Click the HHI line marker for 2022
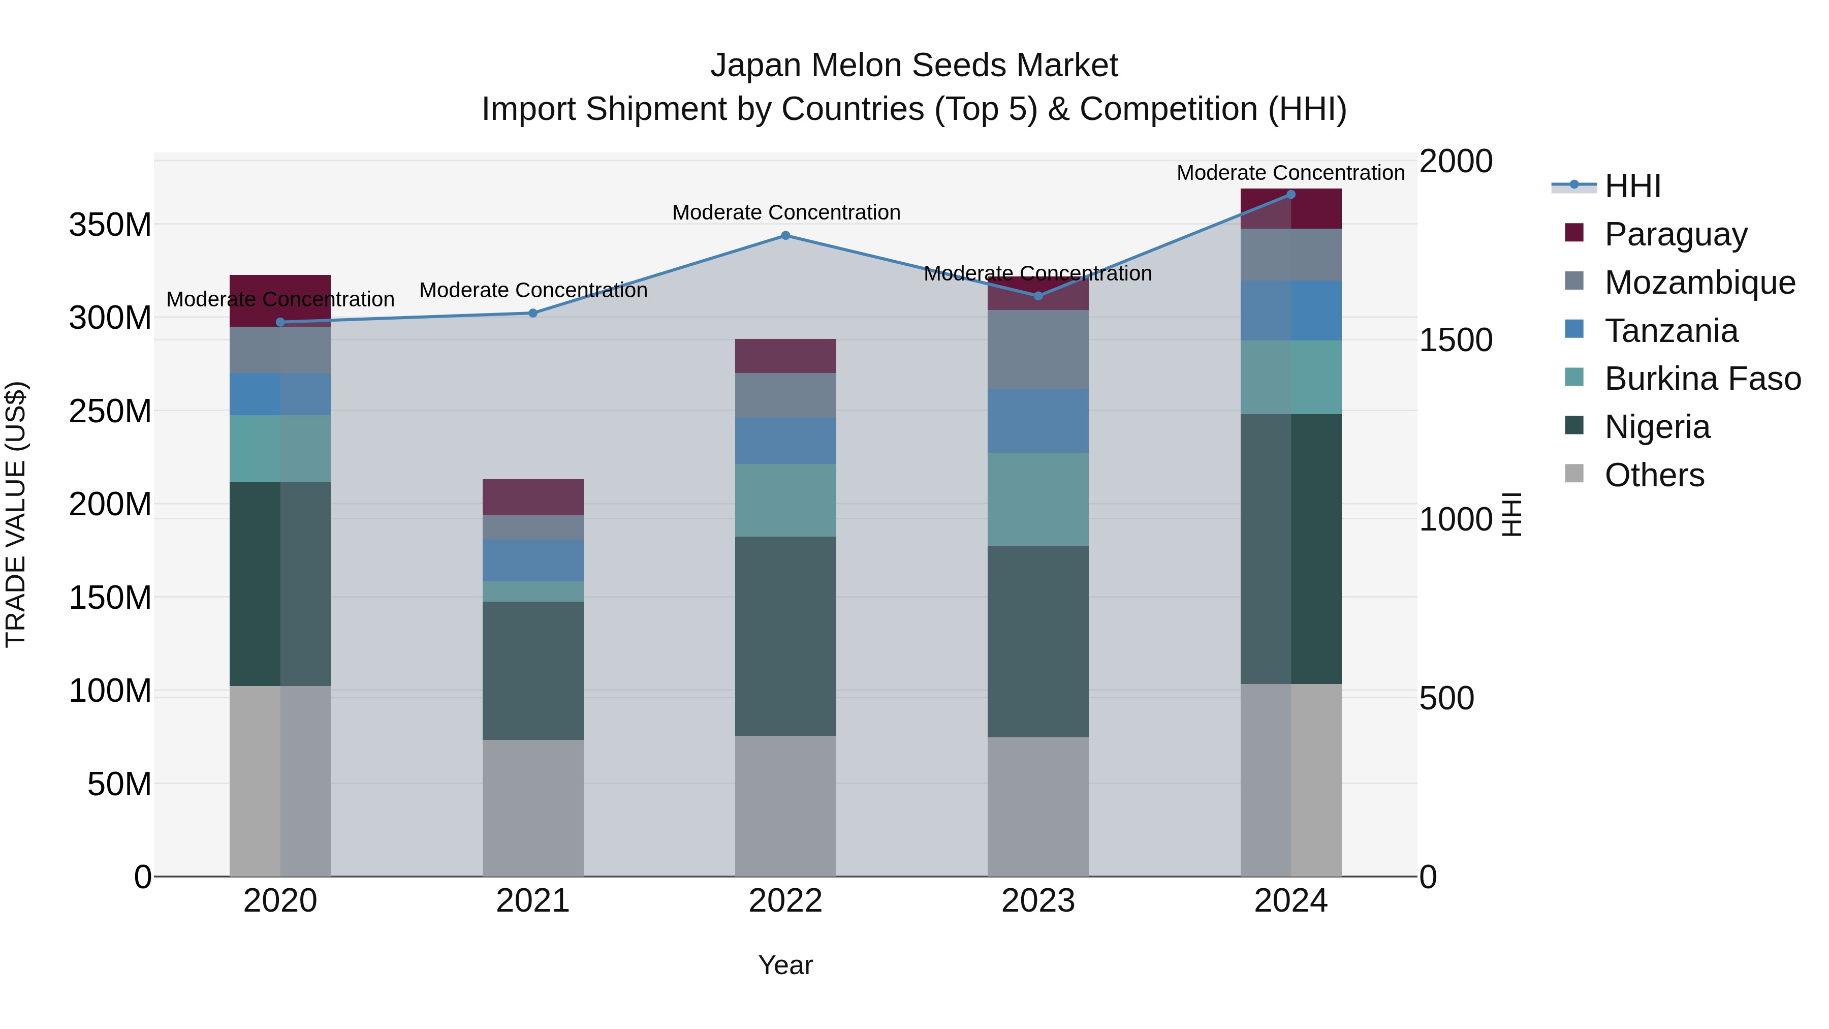(785, 236)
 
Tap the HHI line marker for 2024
(1291, 195)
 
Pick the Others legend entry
(1654, 475)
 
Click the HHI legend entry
(1631, 186)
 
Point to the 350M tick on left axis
(110, 225)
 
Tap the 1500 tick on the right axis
(1455, 340)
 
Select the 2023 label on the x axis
(1038, 901)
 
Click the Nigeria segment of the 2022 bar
(785, 636)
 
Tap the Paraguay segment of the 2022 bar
(785, 356)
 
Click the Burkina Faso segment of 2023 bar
(1038, 499)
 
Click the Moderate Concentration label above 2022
(786, 212)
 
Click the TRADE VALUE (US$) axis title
(16, 514)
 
